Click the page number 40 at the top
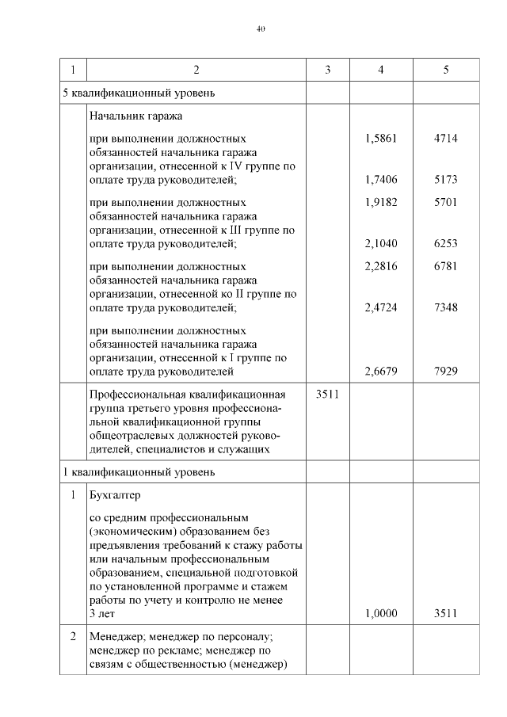coord(261,29)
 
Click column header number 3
coord(327,71)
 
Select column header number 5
coord(446,71)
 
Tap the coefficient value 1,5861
coord(381,138)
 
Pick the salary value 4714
coord(446,138)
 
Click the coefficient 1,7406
coord(381,180)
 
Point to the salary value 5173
coord(446,180)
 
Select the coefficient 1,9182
coord(381,202)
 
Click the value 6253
coord(446,244)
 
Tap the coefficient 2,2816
coord(381,266)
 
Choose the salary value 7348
coord(446,308)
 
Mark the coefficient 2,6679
coord(381,372)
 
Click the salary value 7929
coord(446,372)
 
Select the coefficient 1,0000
coord(381,613)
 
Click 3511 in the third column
coord(327,394)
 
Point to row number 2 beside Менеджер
coord(73,636)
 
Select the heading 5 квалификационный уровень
coord(138,93)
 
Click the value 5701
coord(446,202)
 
